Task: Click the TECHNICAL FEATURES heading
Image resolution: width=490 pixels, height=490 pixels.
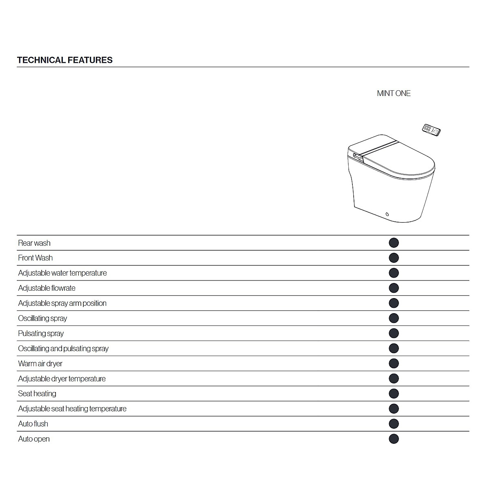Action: click(x=65, y=60)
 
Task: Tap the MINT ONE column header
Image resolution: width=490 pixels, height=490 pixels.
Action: click(x=394, y=94)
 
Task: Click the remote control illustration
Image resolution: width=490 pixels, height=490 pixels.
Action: click(x=431, y=130)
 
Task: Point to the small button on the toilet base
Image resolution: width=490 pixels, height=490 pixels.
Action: click(x=387, y=214)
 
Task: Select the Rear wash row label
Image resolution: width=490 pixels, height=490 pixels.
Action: click(x=34, y=243)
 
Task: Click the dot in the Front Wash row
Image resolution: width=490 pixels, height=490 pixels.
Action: click(x=394, y=258)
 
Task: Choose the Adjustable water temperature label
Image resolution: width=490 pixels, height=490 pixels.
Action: click(x=62, y=273)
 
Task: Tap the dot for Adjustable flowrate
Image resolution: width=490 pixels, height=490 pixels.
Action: click(x=394, y=288)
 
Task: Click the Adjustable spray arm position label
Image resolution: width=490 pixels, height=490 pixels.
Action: click(x=62, y=303)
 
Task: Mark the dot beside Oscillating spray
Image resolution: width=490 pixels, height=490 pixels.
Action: click(x=394, y=318)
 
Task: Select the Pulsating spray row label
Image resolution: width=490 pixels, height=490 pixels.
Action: click(x=41, y=333)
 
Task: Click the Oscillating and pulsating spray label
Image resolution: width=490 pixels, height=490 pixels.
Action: click(x=63, y=348)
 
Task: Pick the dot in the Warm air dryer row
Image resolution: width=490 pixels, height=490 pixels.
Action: click(x=394, y=363)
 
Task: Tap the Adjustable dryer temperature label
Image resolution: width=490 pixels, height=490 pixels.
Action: click(x=62, y=379)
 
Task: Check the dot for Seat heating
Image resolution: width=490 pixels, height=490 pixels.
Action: click(x=394, y=394)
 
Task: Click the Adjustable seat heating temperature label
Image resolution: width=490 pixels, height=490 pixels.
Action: click(x=72, y=409)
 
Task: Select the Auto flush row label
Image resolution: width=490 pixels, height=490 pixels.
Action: click(x=33, y=424)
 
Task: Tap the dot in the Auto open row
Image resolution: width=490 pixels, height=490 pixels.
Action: click(x=394, y=439)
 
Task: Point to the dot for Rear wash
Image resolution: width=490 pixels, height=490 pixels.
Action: click(x=394, y=243)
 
